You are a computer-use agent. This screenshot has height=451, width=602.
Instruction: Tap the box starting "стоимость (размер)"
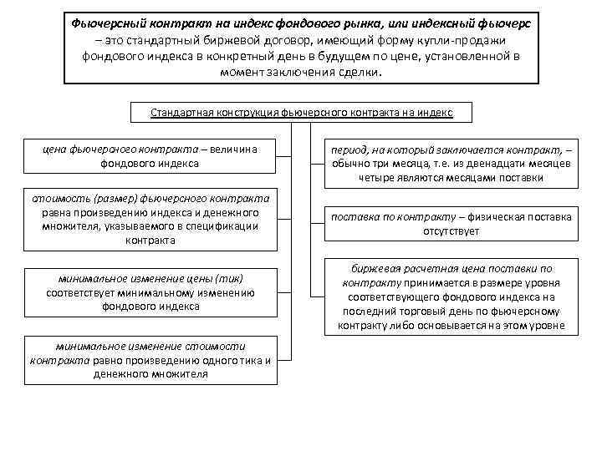click(x=150, y=219)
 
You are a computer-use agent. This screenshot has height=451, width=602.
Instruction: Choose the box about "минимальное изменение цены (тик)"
click(x=150, y=291)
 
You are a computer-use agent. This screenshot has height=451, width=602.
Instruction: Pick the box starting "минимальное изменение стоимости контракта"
click(x=150, y=360)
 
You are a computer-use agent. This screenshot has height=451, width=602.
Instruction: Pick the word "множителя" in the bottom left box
click(x=182, y=374)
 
